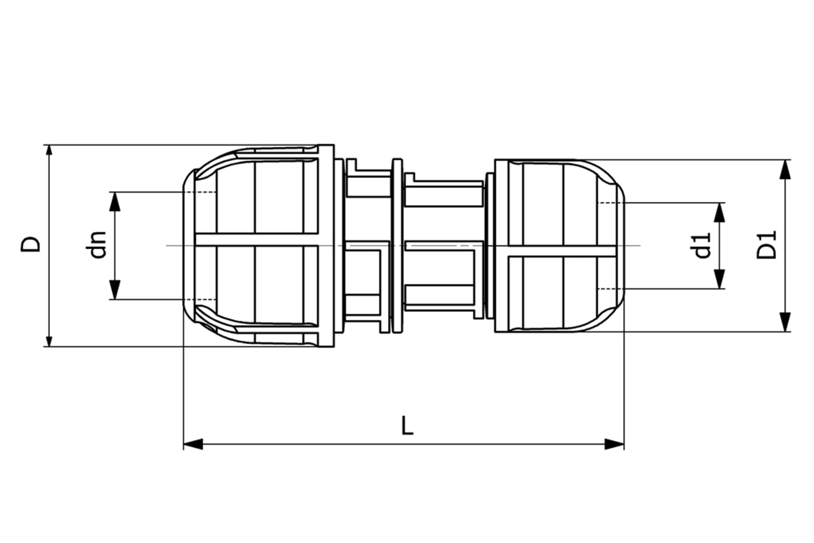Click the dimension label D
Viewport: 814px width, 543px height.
[x=30, y=244]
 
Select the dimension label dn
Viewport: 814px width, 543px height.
[x=98, y=245]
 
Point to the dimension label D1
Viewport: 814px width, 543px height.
[x=767, y=245]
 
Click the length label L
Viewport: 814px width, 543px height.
[x=407, y=426]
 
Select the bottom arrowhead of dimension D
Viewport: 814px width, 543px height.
[x=49, y=339]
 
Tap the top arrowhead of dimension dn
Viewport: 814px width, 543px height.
[x=115, y=201]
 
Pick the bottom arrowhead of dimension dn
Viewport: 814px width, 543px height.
[x=115, y=290]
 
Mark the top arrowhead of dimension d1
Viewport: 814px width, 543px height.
[x=719, y=212]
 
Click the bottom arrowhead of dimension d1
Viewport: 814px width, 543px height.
[x=719, y=280]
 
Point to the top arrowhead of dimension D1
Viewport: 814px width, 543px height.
[x=784, y=169]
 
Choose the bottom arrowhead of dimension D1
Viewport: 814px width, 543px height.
[x=784, y=322]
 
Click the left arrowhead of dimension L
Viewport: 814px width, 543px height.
[x=193, y=444]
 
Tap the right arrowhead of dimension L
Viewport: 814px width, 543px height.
[x=615, y=444]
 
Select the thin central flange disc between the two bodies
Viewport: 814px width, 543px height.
[x=397, y=245]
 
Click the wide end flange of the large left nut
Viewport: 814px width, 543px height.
[x=326, y=245]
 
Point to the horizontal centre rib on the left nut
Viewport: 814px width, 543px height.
[x=255, y=239]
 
